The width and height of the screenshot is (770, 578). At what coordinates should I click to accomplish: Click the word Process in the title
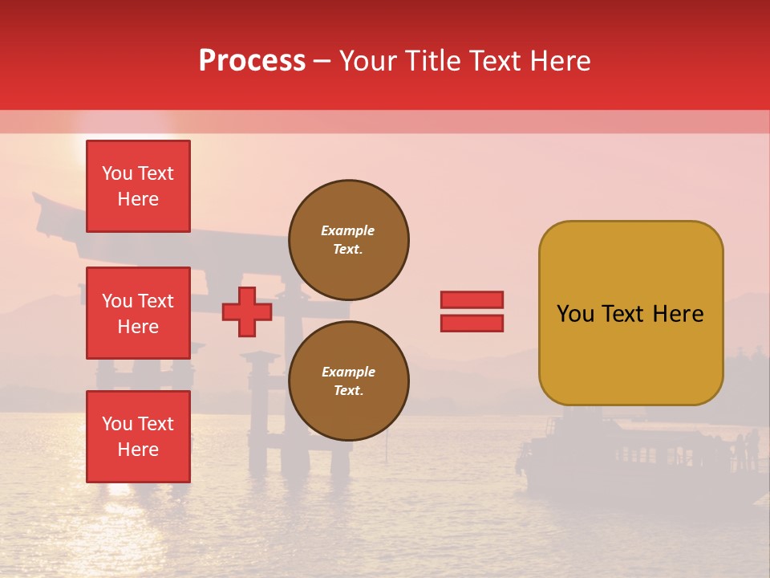(252, 61)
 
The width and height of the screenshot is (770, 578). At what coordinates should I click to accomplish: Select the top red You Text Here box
(138, 186)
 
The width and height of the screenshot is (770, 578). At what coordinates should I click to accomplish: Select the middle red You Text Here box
(138, 313)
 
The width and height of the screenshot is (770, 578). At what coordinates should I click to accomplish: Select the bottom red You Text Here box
(138, 437)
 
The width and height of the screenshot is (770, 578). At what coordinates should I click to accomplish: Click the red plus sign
(247, 311)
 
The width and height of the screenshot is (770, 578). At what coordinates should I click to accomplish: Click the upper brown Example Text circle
(349, 239)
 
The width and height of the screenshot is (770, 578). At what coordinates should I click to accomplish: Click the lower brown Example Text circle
(349, 381)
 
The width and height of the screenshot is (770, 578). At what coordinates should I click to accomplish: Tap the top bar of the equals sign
(472, 299)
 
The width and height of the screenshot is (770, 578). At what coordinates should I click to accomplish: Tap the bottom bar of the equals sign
(472, 323)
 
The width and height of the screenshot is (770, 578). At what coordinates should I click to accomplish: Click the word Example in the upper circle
(347, 230)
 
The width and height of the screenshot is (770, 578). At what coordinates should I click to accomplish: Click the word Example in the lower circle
(348, 372)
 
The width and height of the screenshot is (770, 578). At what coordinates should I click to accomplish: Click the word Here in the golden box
(679, 314)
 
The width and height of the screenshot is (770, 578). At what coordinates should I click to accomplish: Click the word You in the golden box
(574, 314)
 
